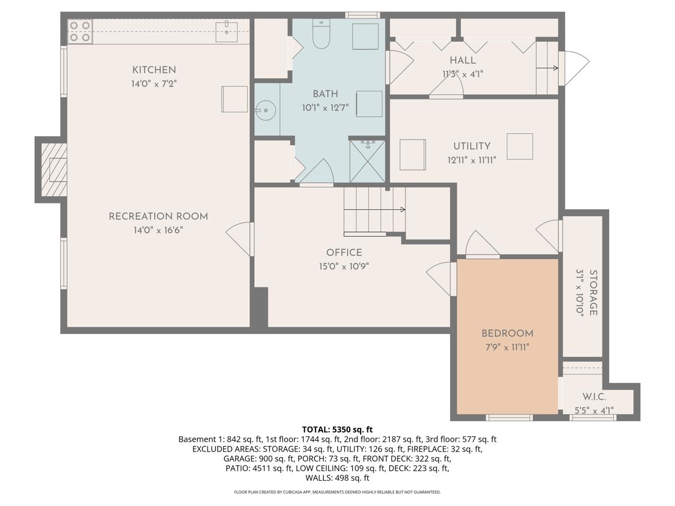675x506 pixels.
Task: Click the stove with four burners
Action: (x=80, y=31)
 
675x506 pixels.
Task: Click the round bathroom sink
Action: (x=264, y=110)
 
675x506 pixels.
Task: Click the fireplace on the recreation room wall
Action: (x=54, y=169)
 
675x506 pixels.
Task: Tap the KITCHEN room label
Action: (x=154, y=70)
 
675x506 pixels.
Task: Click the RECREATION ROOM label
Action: (x=158, y=216)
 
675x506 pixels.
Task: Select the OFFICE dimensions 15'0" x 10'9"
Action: (x=344, y=266)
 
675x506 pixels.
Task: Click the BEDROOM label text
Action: (x=507, y=333)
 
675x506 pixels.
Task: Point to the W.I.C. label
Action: (x=594, y=397)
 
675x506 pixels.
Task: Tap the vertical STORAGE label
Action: (x=593, y=292)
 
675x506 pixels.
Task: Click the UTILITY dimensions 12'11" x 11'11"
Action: (x=472, y=160)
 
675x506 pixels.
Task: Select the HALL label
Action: (x=462, y=60)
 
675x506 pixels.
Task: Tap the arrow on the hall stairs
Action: (x=555, y=68)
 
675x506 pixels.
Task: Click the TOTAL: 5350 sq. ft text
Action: (x=337, y=429)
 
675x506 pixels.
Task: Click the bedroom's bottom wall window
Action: (x=509, y=417)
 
